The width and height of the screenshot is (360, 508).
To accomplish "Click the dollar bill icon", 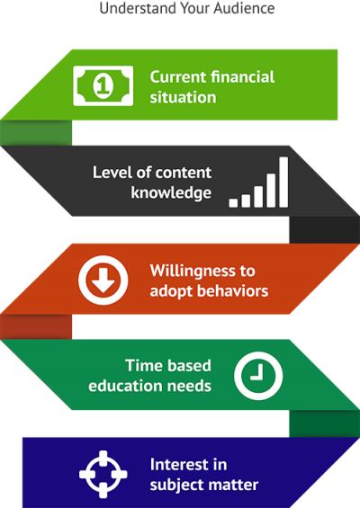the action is coord(103,85).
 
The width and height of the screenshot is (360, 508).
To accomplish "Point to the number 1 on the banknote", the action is coord(103,85).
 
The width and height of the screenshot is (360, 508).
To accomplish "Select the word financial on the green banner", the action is coord(243,77).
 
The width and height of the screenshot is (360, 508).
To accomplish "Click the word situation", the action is coord(183,97).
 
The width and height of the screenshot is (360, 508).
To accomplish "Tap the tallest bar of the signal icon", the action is coord(283,183).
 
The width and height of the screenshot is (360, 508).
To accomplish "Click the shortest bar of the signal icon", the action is coord(233,203).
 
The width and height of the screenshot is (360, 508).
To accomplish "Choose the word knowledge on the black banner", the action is coord(171,192).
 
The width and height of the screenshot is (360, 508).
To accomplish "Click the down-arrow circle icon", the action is coord(103,281).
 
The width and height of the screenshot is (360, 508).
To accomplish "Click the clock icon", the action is coord(258,376).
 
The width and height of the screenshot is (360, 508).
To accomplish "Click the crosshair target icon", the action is coord(103,475).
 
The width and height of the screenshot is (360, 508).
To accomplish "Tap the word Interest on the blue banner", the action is coord(177,465).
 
